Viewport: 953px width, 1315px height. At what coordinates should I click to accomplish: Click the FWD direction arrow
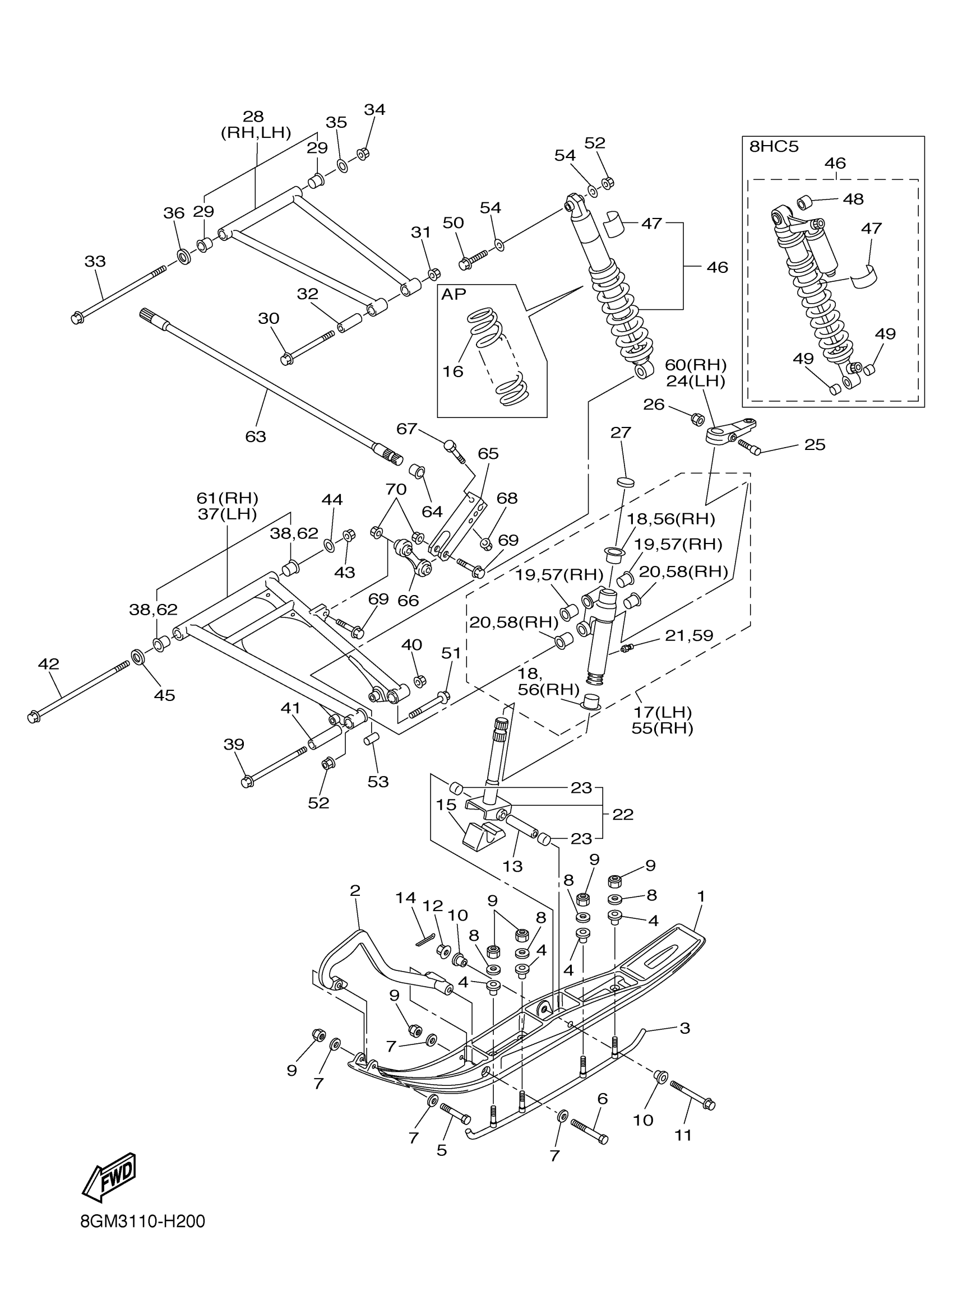(x=110, y=1177)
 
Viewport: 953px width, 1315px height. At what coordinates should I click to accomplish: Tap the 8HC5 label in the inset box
(x=773, y=147)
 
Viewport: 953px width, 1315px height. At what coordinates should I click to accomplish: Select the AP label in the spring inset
(x=454, y=295)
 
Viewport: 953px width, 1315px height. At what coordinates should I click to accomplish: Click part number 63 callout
(x=255, y=436)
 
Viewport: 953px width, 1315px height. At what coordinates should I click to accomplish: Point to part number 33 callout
(x=95, y=262)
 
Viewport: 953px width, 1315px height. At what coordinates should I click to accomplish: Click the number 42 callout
(x=49, y=664)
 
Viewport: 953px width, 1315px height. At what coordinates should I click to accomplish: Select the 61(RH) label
(x=227, y=498)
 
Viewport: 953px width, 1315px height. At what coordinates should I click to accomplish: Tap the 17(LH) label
(x=662, y=712)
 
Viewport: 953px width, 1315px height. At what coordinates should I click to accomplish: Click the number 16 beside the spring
(x=453, y=371)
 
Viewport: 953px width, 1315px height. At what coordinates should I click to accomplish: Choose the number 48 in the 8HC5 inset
(x=853, y=199)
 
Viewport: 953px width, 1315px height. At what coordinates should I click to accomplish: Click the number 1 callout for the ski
(x=701, y=896)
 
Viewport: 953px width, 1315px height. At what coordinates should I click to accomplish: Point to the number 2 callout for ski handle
(x=355, y=891)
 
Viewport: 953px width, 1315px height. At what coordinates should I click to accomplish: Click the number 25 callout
(x=815, y=445)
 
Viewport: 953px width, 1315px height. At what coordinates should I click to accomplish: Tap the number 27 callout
(x=621, y=432)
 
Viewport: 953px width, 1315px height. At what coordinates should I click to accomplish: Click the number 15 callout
(x=446, y=805)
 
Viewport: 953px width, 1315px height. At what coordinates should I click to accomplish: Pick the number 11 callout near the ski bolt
(x=683, y=1135)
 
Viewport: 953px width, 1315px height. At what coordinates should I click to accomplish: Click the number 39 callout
(x=234, y=744)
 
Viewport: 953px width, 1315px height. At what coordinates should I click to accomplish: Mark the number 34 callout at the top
(x=374, y=110)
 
